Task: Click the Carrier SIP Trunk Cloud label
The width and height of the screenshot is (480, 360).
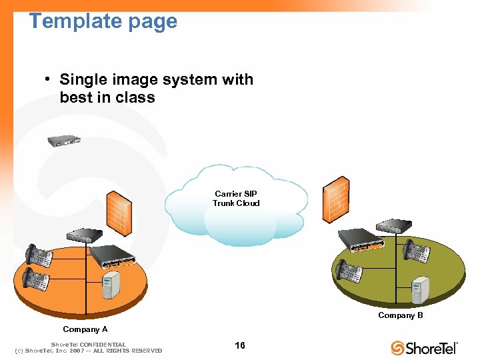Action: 236,199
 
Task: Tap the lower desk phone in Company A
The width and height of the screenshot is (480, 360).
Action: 36,279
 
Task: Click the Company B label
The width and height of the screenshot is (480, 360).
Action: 400,315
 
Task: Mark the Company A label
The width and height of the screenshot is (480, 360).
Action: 85,329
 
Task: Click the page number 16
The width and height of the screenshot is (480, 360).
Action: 240,345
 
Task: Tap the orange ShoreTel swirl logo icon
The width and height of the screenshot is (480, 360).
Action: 398,348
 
